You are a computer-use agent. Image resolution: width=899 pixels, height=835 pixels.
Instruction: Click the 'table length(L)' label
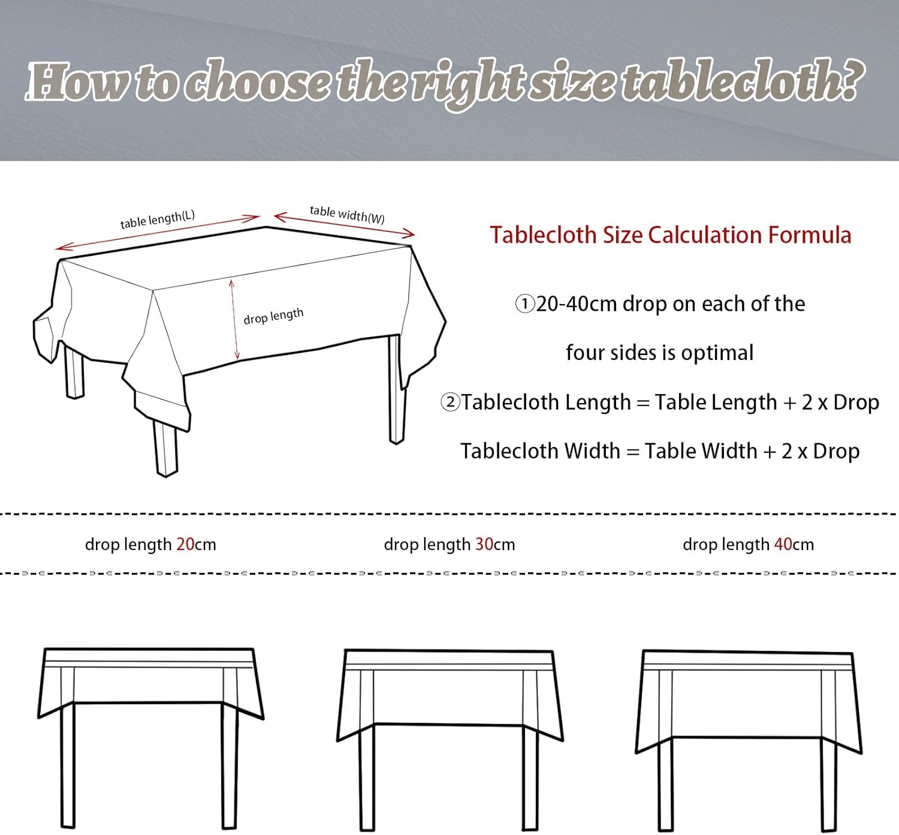point(158,220)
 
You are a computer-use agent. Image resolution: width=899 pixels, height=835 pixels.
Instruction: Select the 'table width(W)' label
point(347,214)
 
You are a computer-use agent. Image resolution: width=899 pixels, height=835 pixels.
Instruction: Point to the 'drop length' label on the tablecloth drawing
point(273,316)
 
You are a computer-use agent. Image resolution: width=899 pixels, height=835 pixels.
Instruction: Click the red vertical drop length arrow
point(234,319)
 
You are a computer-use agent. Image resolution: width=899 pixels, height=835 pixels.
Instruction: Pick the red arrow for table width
point(345,225)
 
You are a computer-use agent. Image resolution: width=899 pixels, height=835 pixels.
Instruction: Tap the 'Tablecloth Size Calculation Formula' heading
point(671,235)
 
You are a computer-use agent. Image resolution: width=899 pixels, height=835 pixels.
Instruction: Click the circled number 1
point(525,304)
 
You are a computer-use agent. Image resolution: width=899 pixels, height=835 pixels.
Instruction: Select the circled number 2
point(451,402)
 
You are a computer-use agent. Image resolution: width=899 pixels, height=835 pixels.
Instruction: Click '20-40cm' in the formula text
point(576,304)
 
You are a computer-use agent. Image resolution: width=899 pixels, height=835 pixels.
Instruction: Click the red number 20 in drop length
point(185,544)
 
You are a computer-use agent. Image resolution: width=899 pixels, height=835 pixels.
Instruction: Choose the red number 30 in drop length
point(484,544)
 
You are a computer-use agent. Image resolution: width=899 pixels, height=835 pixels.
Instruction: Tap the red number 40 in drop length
point(783,544)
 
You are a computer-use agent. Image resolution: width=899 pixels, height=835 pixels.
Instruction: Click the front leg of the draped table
point(166,449)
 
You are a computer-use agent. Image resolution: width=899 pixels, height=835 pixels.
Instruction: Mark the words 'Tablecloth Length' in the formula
point(545,403)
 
